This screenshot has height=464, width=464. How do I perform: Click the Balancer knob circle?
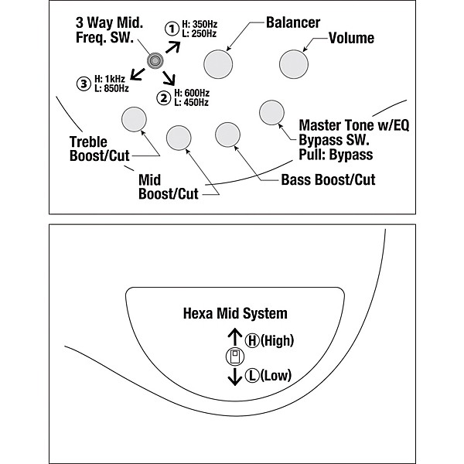[218, 61]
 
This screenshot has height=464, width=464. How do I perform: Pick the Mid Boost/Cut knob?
[179, 137]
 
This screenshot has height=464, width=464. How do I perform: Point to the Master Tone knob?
[271, 112]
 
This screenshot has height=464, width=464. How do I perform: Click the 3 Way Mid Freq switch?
[155, 60]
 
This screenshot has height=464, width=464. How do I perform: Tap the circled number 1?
[171, 29]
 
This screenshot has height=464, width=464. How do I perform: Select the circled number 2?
[163, 97]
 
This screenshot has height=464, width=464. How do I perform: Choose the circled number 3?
[84, 83]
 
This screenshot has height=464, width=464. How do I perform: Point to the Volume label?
[351, 37]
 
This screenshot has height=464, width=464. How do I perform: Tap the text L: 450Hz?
[191, 101]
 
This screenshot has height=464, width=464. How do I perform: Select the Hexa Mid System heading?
[234, 313]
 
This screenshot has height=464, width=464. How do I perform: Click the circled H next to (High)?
[251, 339]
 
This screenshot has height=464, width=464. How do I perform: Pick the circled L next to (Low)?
[251, 375]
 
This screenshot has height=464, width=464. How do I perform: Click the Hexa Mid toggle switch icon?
[233, 357]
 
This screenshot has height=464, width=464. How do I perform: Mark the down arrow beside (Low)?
[233, 376]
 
